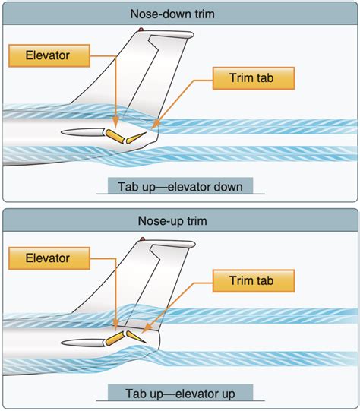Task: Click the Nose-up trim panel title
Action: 179,221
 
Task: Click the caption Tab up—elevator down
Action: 179,186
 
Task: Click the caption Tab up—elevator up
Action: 179,393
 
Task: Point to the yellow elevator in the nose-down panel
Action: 115,135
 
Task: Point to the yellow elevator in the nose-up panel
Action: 115,336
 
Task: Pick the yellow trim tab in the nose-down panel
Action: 137,137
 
